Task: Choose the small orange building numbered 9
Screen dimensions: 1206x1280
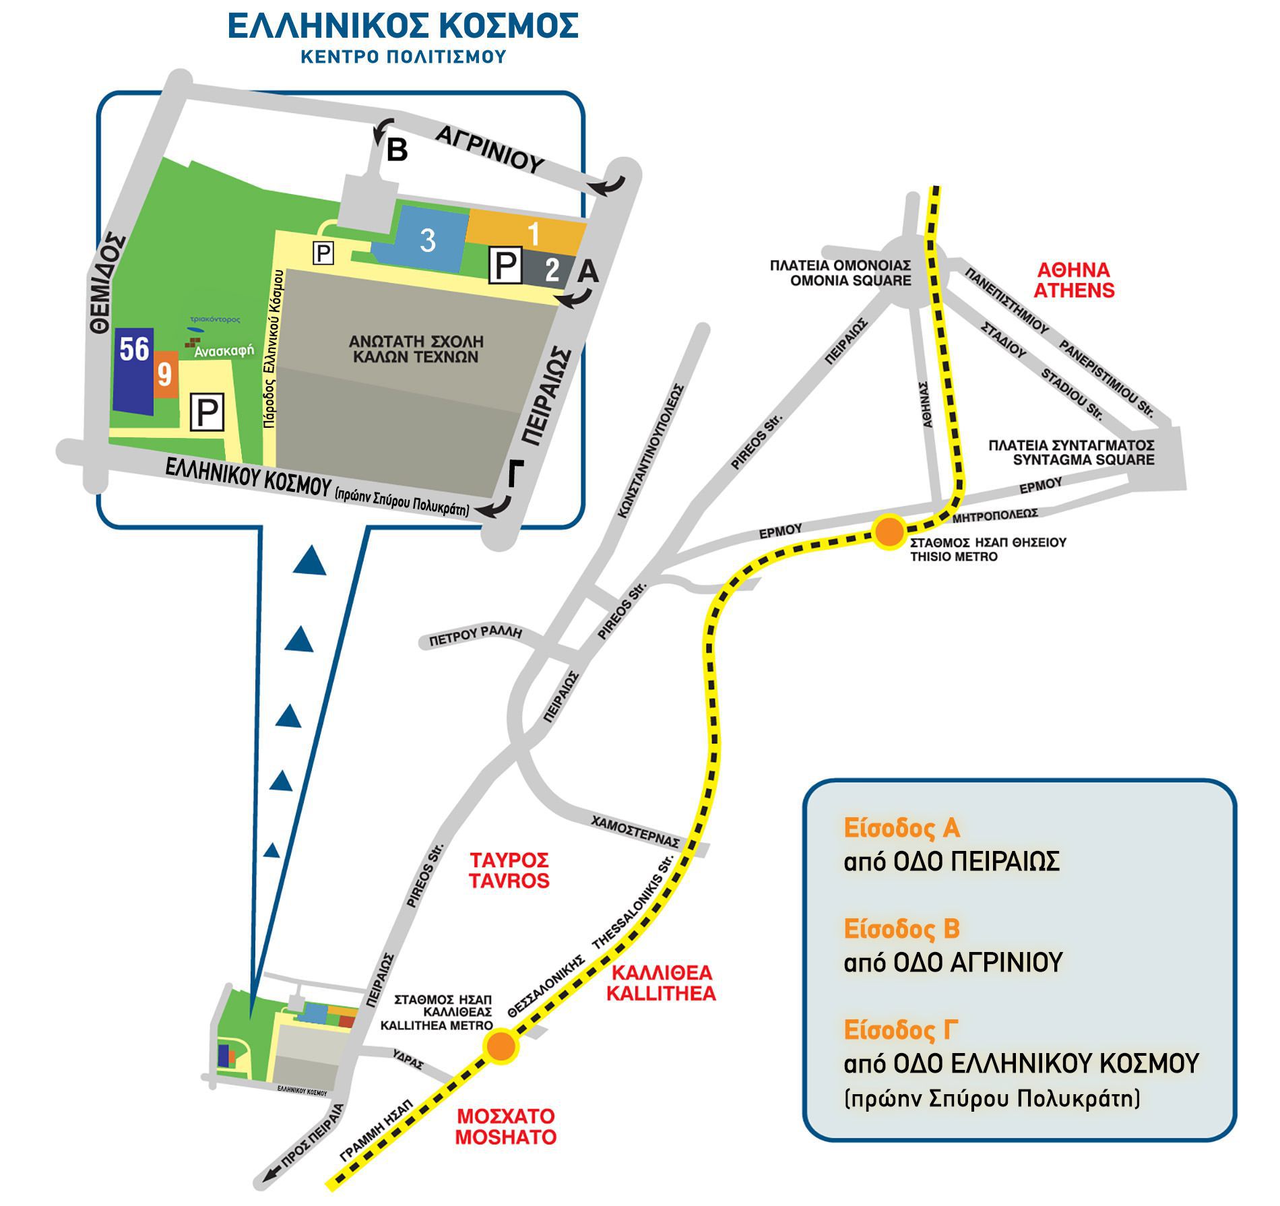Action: pyautogui.click(x=165, y=375)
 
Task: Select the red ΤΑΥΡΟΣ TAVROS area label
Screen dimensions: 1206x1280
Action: pyautogui.click(x=510, y=870)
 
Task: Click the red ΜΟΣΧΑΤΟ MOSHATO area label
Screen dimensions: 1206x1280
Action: pyautogui.click(x=506, y=1126)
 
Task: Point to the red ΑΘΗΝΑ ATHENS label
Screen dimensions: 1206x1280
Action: pyautogui.click(x=1074, y=280)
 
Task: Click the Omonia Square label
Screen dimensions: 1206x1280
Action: pyautogui.click(x=840, y=273)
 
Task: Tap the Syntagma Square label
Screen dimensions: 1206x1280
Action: pyautogui.click(x=1071, y=453)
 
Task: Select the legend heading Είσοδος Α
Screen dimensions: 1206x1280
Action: pyautogui.click(x=901, y=829)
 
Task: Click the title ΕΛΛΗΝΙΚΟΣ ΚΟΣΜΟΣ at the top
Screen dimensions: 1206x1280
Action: pyautogui.click(x=403, y=26)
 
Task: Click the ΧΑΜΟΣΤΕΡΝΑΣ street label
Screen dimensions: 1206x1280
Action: pyautogui.click(x=635, y=832)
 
